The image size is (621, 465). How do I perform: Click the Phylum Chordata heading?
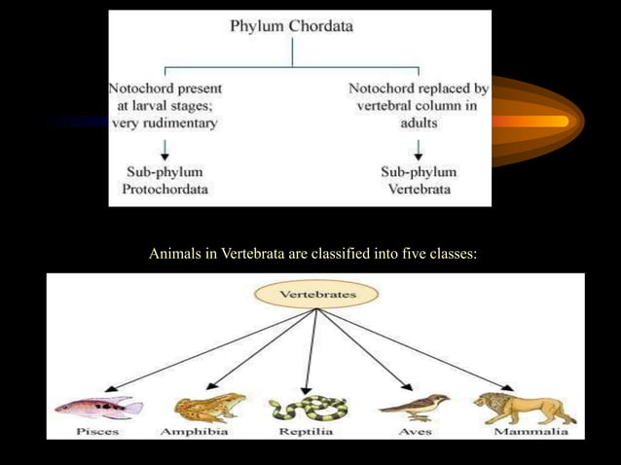(x=292, y=26)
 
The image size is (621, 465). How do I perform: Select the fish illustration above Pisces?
(x=97, y=407)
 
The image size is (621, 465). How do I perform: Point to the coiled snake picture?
(x=308, y=408)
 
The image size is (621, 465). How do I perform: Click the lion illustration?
(x=524, y=407)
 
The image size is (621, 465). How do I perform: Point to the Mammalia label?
(x=530, y=431)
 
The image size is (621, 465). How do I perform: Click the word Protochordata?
(x=165, y=189)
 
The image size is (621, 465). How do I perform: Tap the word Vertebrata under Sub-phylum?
(x=420, y=189)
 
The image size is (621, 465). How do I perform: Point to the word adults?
(x=420, y=124)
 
